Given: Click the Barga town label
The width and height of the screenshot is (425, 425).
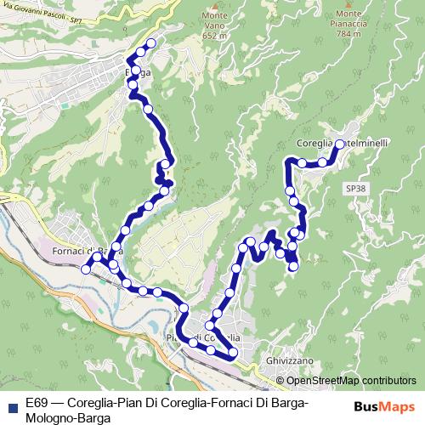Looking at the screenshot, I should [x=138, y=72].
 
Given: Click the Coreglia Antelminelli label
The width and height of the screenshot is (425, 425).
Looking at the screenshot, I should [x=344, y=144].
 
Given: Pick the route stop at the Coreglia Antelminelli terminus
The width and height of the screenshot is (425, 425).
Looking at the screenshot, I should [x=339, y=144].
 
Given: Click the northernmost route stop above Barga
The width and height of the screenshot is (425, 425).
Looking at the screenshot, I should [x=152, y=43].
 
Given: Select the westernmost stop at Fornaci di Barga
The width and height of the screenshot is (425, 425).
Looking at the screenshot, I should [x=86, y=269].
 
